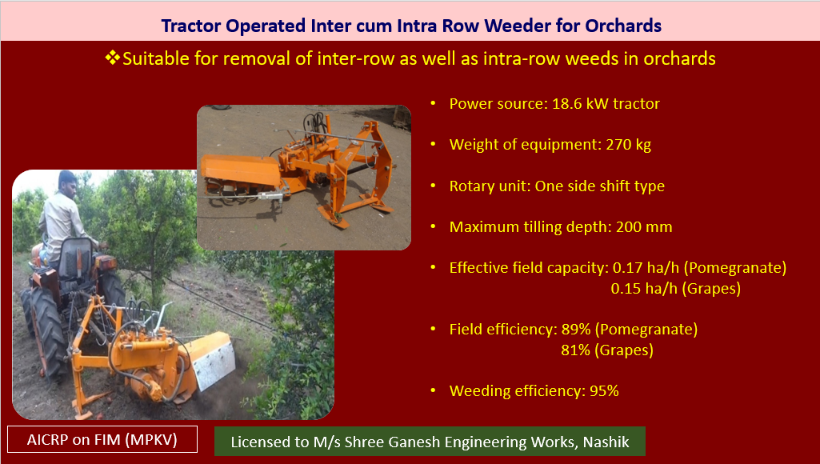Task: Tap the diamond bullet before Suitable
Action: pos(112,58)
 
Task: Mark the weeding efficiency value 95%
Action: pos(604,390)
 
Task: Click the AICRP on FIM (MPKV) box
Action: pos(102,439)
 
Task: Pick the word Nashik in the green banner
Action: pos(606,442)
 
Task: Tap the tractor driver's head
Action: pos(67,183)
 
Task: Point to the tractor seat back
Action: pos(76,258)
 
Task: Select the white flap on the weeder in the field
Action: pos(214,361)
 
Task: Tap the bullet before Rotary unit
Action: pos(433,186)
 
